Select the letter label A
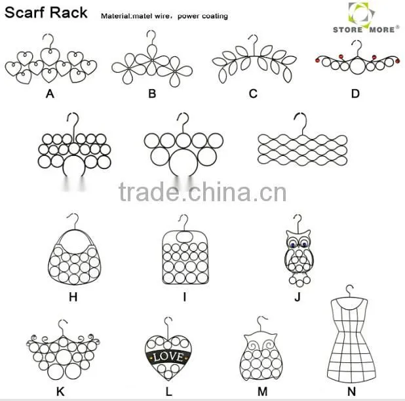point(50,94)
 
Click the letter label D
point(355,94)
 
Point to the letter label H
point(73,297)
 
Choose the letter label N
point(351,391)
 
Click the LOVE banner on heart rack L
point(168,357)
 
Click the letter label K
point(60,391)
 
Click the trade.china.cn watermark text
point(202,192)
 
